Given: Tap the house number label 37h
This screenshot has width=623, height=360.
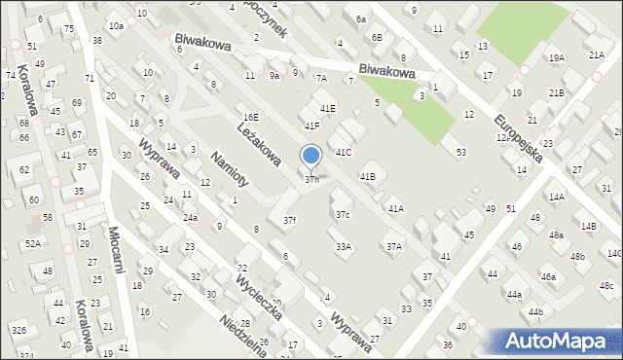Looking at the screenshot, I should tap(312, 179).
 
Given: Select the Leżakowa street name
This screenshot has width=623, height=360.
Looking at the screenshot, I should tap(259, 140).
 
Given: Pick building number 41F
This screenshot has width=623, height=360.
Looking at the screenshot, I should tap(311, 126).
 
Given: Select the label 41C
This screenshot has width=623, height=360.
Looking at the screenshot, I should tap(343, 153).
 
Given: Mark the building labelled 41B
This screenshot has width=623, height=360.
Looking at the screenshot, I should tap(367, 176).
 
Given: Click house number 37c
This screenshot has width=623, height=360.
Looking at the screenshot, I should tap(343, 214).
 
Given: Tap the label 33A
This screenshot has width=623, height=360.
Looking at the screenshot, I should tap(343, 247).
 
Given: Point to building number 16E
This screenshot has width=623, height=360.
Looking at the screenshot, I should tap(251, 117).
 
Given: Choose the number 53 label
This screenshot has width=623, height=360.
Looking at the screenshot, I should tap(460, 152).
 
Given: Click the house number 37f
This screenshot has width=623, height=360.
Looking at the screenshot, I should tap(289, 221).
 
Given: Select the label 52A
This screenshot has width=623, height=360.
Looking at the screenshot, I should tap(33, 243).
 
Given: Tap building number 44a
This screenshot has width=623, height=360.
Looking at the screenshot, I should tap(513, 294).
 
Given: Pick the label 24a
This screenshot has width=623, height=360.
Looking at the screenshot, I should tap(190, 217).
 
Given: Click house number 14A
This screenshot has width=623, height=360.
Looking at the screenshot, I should tap(556, 197).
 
